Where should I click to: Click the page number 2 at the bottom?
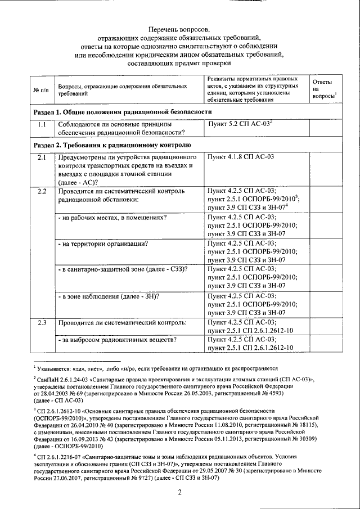[179, 493]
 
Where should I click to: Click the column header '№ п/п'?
[40, 91]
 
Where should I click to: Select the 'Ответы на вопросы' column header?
[323, 89]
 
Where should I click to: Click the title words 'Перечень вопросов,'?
[179, 29]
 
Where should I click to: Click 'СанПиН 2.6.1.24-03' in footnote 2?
[61, 381]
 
